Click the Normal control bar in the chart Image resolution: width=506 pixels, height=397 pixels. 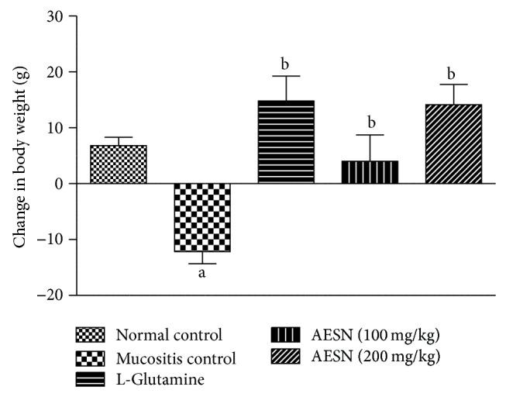pos(119,164)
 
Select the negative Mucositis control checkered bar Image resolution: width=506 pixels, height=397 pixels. pos(202,218)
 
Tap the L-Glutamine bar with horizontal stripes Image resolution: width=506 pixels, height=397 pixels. pos(286,143)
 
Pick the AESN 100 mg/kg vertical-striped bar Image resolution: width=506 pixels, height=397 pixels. pos(370,172)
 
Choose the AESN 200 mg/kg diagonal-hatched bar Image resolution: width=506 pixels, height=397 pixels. pos(453,144)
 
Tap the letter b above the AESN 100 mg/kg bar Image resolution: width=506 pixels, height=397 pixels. pos(370,123)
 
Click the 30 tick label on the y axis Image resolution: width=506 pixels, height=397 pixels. pos(57,16)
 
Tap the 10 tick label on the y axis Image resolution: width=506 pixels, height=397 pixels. pos(57,128)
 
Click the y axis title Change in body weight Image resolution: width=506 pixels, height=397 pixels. pos(18,155)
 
